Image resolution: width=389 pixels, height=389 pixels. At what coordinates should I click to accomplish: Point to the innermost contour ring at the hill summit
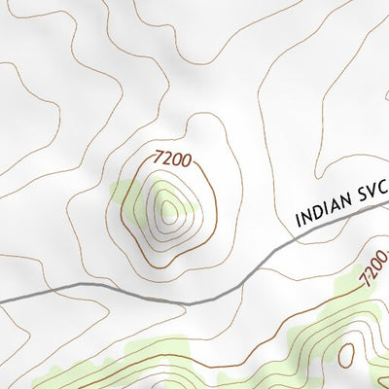point(169,208)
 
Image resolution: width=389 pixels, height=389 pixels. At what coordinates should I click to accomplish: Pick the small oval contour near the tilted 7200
point(346,355)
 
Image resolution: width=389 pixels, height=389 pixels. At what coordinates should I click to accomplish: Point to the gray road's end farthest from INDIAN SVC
point(2,298)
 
